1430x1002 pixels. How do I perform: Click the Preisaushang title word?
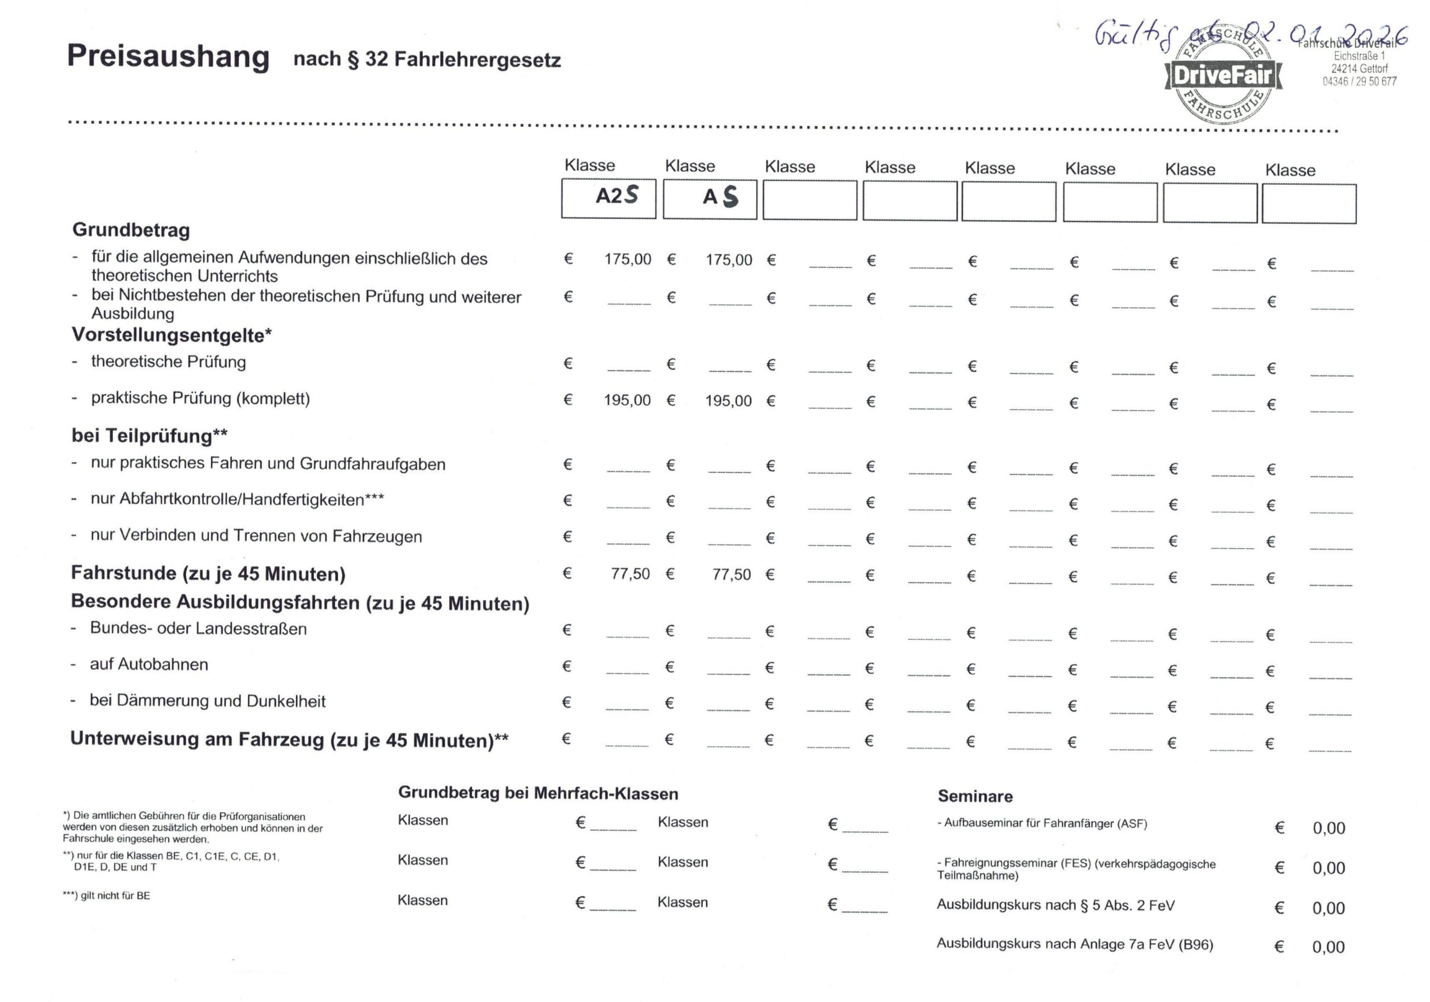pos(168,56)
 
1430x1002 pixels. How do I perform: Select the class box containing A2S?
pos(608,198)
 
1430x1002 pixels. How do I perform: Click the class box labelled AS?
pos(710,199)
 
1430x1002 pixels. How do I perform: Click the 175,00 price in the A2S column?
pos(627,259)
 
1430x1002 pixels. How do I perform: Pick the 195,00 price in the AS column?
pos(728,401)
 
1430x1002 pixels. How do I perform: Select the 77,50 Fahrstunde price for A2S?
pos(630,573)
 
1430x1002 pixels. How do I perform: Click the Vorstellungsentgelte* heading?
pos(172,335)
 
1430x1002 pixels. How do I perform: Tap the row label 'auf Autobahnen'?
pos(149,664)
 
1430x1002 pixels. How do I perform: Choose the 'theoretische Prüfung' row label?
pos(168,362)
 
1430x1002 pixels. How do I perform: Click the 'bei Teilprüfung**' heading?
pos(150,435)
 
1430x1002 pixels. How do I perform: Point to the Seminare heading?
pos(975,796)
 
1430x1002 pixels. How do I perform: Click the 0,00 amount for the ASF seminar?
pos(1328,828)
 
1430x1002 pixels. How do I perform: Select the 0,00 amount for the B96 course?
pos(1328,947)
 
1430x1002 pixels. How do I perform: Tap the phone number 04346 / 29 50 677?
pos(1360,81)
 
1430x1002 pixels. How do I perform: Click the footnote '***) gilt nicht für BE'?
pos(107,895)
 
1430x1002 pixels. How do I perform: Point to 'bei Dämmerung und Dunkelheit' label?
pos(207,701)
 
